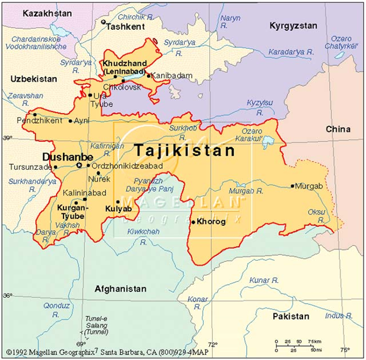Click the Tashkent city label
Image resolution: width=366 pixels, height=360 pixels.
[126, 27]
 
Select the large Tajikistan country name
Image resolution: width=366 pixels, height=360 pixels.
[184, 149]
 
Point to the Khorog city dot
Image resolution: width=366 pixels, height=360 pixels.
[193, 222]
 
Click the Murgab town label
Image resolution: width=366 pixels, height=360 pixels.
[308, 185]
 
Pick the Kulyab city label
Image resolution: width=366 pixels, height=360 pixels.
[118, 209]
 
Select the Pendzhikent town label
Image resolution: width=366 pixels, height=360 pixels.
[40, 121]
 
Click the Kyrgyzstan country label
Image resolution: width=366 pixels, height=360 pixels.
[292, 26]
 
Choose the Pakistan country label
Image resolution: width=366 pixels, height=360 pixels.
[291, 317]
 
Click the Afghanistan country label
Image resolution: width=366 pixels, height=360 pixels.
[120, 289]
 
